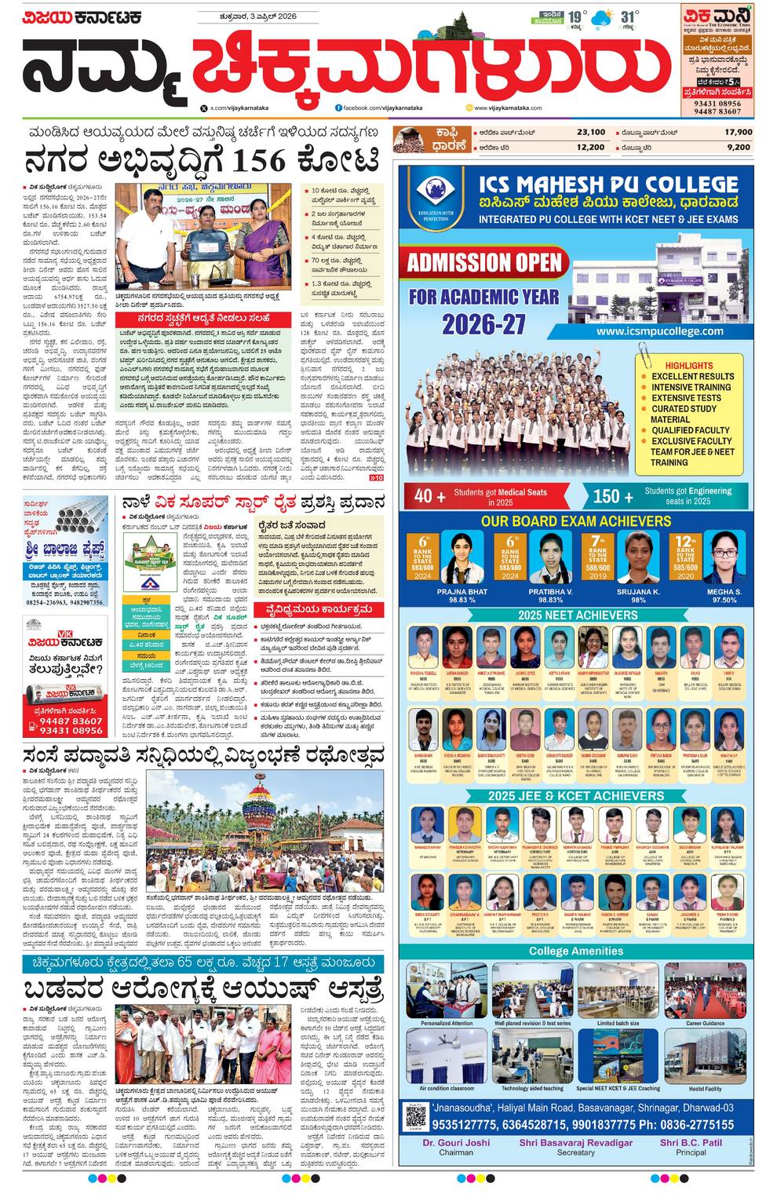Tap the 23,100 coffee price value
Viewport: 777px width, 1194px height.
[x=590, y=133]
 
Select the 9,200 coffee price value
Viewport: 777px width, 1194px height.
[x=738, y=147]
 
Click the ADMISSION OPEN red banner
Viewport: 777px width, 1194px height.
[x=484, y=262]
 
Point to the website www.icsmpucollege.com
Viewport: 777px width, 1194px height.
[x=659, y=331]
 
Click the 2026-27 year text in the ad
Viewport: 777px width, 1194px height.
[x=483, y=323]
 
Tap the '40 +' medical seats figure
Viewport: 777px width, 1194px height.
[x=425, y=496]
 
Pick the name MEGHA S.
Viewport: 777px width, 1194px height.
[x=723, y=591]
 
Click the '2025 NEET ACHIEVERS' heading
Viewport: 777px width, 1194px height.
[x=577, y=615]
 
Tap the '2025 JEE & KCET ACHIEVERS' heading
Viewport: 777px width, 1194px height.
[x=576, y=796]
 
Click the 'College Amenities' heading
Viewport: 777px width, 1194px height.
[x=576, y=951]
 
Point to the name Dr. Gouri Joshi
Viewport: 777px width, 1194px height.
[x=456, y=1142]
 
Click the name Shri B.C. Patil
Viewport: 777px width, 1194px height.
[x=691, y=1142]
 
